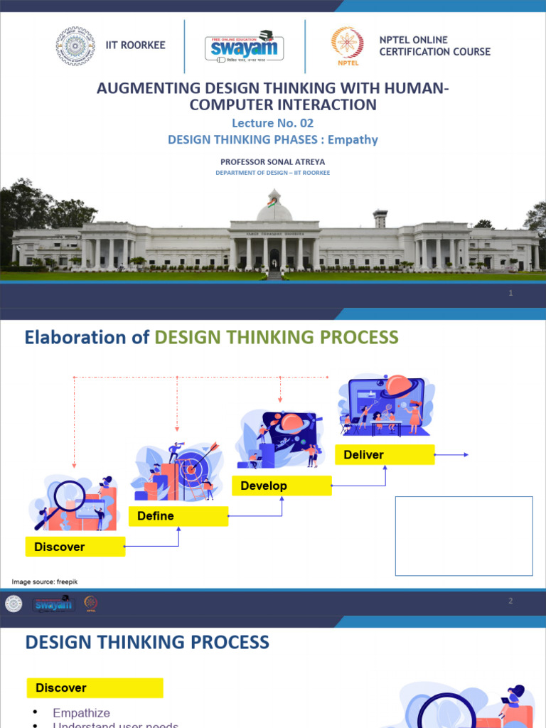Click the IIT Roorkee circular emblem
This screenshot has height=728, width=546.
[x=75, y=46]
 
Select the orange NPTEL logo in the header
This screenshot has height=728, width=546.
[x=347, y=45]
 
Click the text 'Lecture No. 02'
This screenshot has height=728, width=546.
[x=272, y=123]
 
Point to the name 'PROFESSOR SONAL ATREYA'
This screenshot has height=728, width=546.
[x=273, y=162]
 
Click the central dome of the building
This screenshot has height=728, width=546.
[x=274, y=208]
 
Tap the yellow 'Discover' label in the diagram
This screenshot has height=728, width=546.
[x=75, y=547]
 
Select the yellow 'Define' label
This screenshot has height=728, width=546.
[x=178, y=516]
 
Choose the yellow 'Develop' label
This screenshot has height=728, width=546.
[x=282, y=486]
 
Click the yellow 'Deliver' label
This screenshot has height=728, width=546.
[x=384, y=455]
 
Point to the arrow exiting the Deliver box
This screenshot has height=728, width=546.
[x=452, y=455]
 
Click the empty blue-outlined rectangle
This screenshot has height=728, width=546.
[x=464, y=535]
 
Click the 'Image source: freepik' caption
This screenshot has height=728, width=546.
[x=44, y=582]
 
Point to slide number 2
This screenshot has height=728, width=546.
[x=510, y=601]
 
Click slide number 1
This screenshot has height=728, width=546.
[x=510, y=293]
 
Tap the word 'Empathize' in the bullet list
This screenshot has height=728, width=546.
[x=81, y=712]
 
